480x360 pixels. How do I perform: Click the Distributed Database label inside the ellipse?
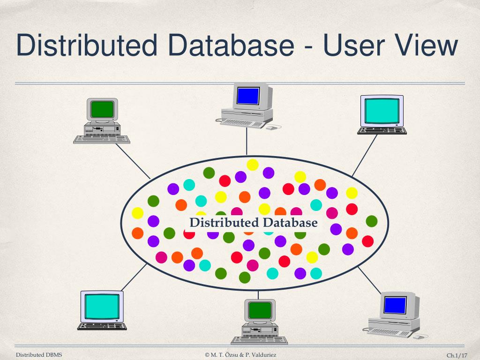click(253, 222)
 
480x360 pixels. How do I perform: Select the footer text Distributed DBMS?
click(39, 355)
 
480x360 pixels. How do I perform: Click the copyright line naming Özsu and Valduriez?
click(240, 355)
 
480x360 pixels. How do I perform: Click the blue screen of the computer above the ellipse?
click(248, 96)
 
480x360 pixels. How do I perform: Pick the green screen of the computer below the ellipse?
click(260, 309)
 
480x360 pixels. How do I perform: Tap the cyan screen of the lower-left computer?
click(102, 307)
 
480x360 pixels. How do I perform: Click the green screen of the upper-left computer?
click(102, 109)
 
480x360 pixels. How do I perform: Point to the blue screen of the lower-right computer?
click(395, 305)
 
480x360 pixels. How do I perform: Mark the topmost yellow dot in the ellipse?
click(253, 165)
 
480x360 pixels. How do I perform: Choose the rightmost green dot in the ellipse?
click(371, 221)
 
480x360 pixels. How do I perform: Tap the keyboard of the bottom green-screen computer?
click(259, 340)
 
